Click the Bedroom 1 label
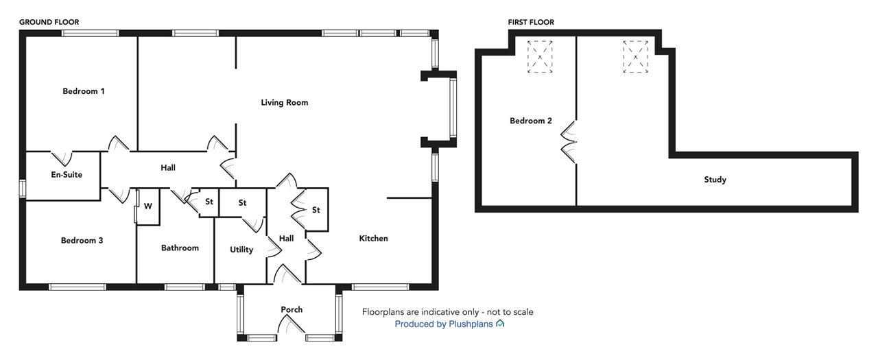click(84, 91)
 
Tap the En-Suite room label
click(67, 175)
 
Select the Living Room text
click(285, 103)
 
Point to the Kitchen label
click(374, 238)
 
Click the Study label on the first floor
click(715, 180)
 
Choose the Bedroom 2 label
click(531, 121)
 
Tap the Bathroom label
click(180, 248)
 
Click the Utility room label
click(241, 250)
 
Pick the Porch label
click(292, 309)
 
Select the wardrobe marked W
click(148, 206)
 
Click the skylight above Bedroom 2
click(540, 57)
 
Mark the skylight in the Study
click(635, 57)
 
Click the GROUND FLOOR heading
click(49, 23)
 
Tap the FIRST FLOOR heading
click(531, 23)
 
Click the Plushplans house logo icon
click(500, 324)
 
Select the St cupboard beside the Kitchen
click(316, 210)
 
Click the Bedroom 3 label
click(82, 241)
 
